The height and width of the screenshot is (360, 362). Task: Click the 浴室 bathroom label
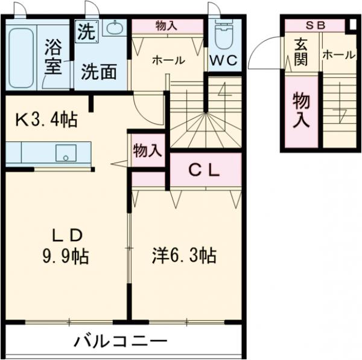click(53, 56)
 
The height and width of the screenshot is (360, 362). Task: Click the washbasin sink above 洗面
click(113, 28)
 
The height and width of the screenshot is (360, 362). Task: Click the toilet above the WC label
click(224, 35)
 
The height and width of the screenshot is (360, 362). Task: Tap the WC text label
click(224, 60)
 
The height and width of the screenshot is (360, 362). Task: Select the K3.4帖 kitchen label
click(46, 120)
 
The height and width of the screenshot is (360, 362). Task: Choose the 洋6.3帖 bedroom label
click(183, 256)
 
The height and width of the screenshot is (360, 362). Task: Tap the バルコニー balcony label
click(121, 342)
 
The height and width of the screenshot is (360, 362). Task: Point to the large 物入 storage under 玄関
click(301, 111)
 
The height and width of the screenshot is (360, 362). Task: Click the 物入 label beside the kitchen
click(147, 150)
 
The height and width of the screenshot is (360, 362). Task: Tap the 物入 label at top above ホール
click(167, 25)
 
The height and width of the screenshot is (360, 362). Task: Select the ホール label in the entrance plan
click(338, 54)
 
